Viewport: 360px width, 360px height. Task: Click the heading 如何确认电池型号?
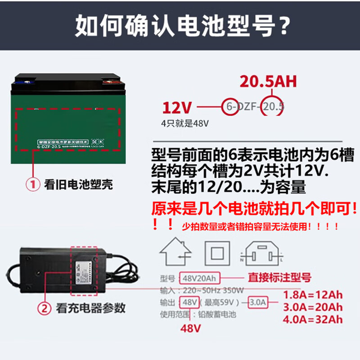coord(180,26)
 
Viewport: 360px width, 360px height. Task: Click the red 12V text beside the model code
coord(177,108)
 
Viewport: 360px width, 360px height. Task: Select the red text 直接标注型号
coord(279,277)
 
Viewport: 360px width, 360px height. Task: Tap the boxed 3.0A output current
coord(258,301)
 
